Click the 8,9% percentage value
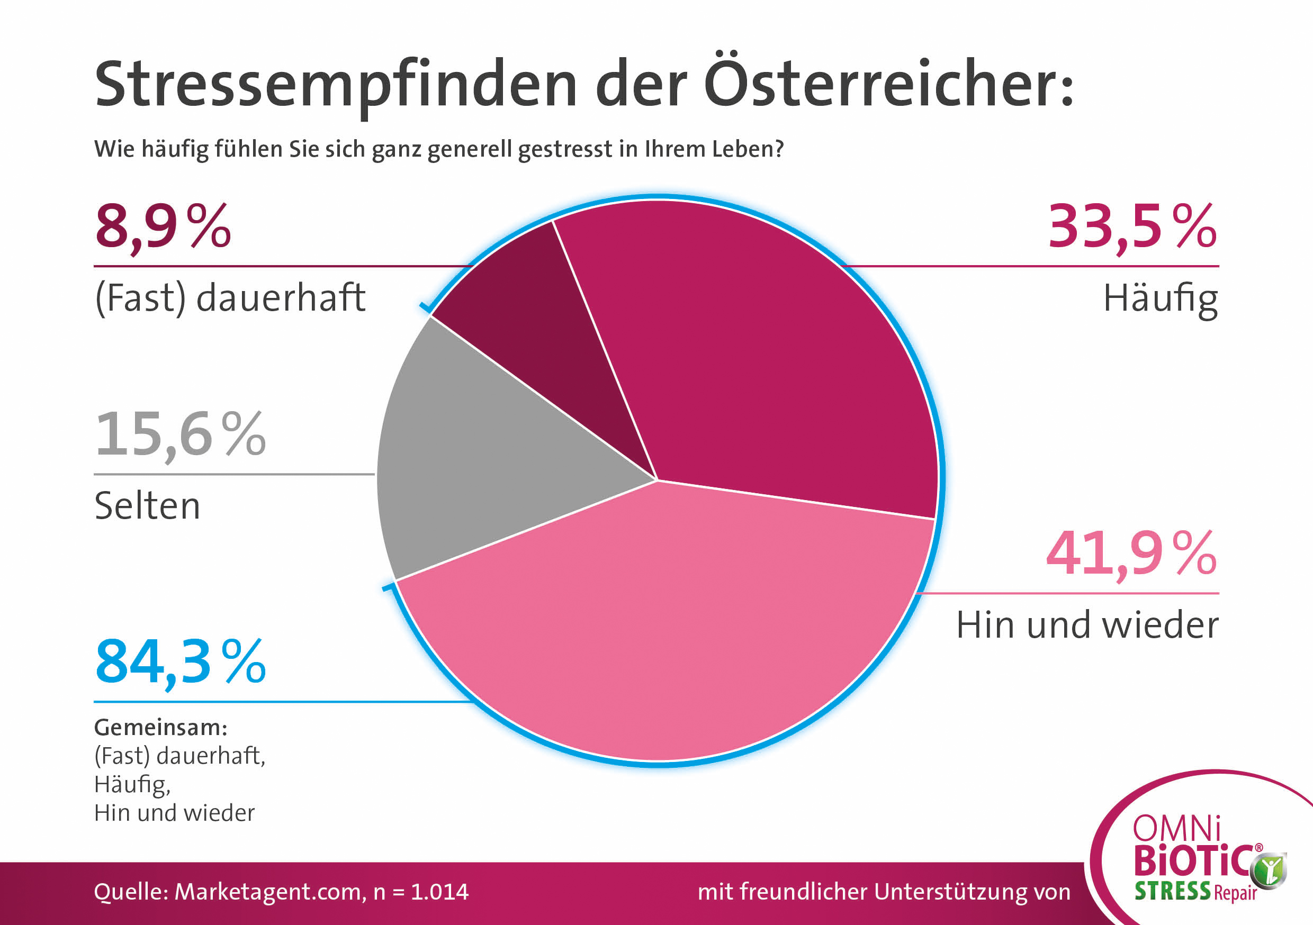point(163,227)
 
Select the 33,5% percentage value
point(1132,227)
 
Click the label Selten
point(148,506)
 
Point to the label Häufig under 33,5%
point(1161,299)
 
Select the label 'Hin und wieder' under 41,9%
point(1087,625)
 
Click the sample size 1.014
point(439,892)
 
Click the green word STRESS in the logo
point(1172,891)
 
